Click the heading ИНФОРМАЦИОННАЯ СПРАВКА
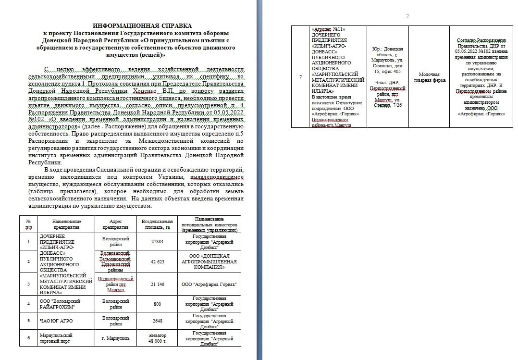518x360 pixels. [x=142, y=25]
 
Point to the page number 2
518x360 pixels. [x=407, y=16]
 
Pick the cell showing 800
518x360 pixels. [x=157, y=304]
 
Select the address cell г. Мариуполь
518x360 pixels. [x=116, y=338]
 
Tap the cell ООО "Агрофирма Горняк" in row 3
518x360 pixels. [x=209, y=285]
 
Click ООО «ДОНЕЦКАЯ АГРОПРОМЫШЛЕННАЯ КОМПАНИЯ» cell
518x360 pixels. [x=209, y=261]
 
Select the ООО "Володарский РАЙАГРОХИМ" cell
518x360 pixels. [x=58, y=304]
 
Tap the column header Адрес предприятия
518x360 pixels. [x=116, y=224]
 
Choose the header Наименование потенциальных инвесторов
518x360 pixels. [x=209, y=224]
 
